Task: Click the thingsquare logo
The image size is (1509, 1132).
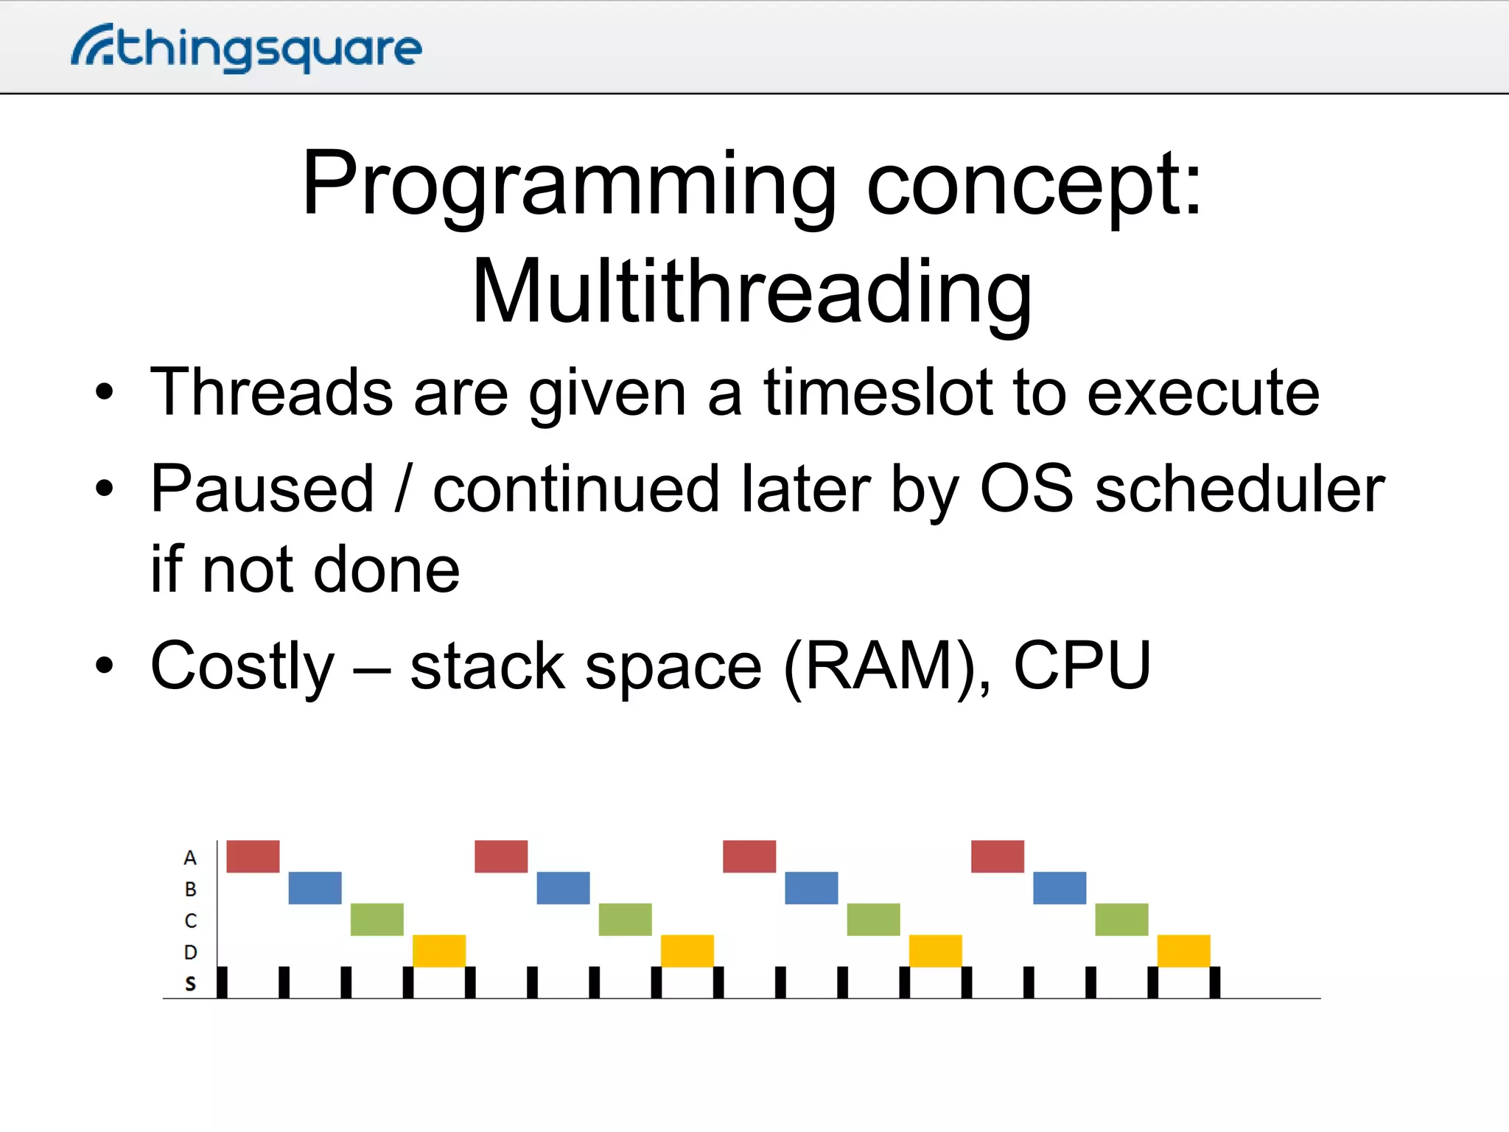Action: (x=247, y=48)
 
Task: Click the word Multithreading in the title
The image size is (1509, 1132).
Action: (x=752, y=293)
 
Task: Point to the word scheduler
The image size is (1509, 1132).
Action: (x=1239, y=489)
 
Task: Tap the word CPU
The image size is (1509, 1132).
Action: (x=1082, y=666)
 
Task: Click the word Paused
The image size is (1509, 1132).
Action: (x=262, y=489)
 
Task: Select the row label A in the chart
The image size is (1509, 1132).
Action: (x=190, y=858)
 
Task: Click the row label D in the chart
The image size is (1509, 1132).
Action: (x=190, y=952)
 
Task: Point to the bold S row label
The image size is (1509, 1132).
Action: (x=190, y=984)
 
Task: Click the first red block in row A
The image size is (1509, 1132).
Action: (x=253, y=856)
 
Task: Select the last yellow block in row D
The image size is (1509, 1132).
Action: (x=1183, y=951)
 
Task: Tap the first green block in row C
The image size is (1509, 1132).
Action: (x=377, y=919)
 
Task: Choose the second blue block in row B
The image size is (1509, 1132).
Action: (x=563, y=888)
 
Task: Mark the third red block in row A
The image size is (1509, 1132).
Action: (x=749, y=856)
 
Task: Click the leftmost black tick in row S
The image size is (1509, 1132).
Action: (x=222, y=982)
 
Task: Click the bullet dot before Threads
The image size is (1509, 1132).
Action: (x=105, y=393)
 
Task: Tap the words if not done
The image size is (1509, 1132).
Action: (x=305, y=570)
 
